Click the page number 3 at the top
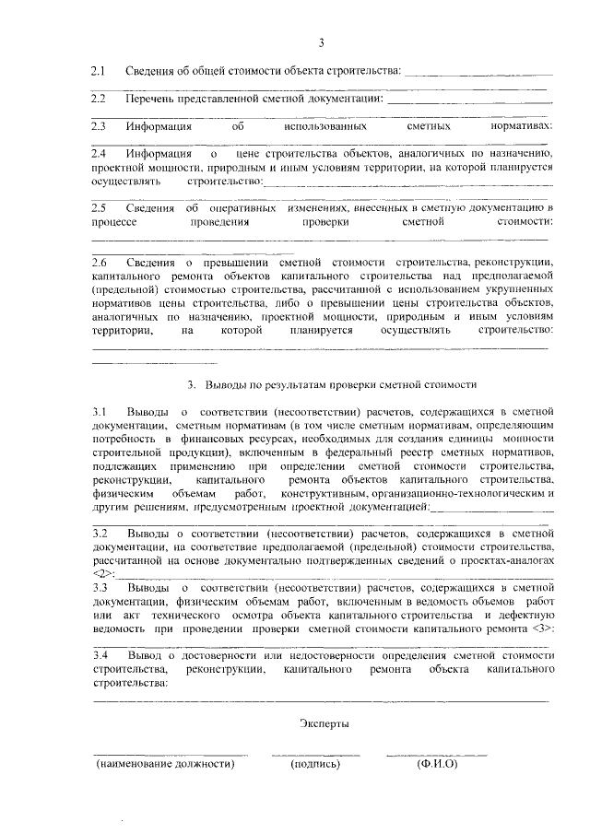tap(322, 42)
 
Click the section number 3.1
tap(100, 409)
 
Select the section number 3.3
tap(100, 586)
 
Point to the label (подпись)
tap(315, 764)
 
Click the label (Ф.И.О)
tap(437, 764)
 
